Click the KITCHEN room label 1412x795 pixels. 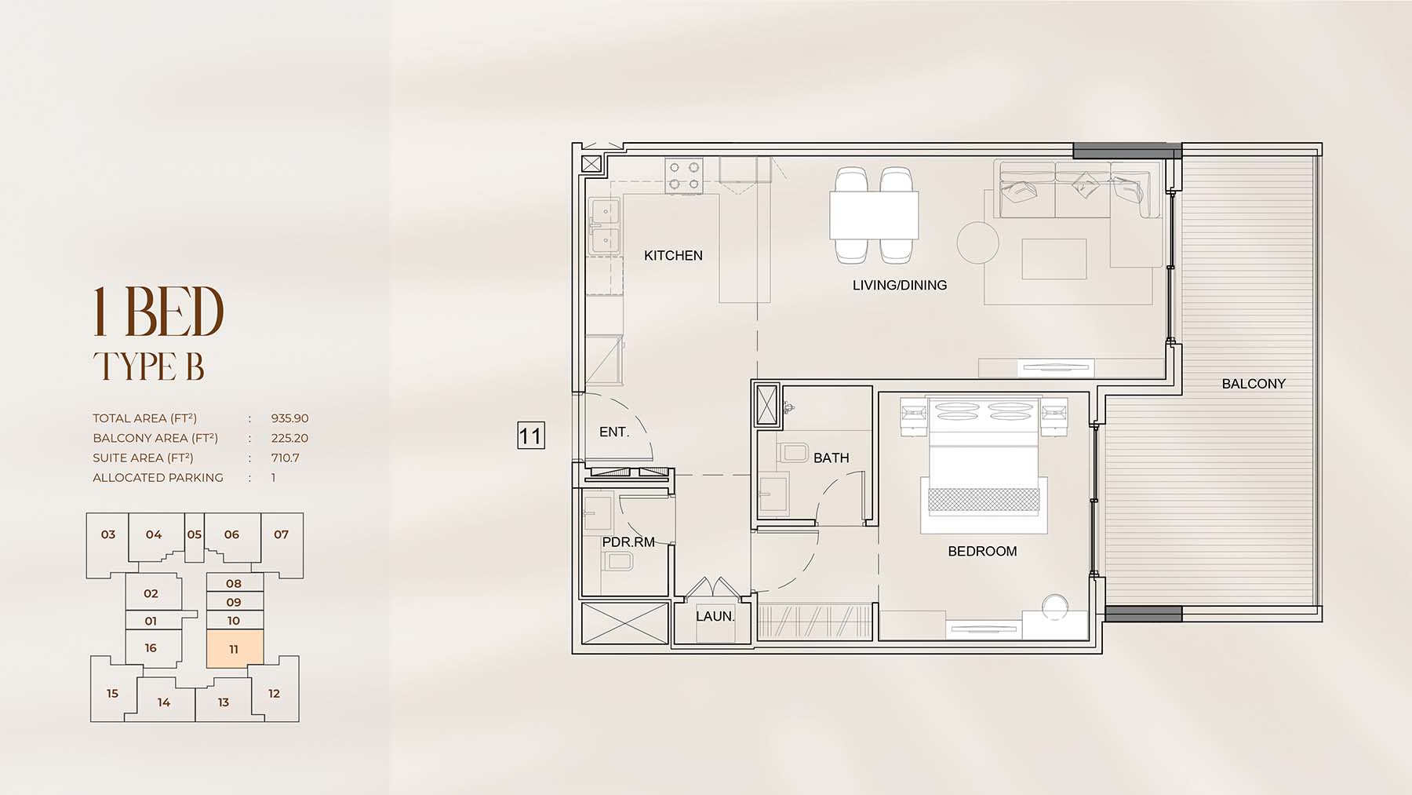click(x=673, y=255)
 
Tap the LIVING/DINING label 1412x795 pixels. click(x=900, y=286)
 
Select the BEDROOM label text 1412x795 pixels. click(x=982, y=551)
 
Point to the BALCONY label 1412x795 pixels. click(x=1254, y=384)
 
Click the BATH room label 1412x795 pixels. click(x=832, y=458)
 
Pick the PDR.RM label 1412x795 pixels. click(x=628, y=542)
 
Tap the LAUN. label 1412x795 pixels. click(x=715, y=616)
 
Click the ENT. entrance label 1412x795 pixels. click(x=614, y=432)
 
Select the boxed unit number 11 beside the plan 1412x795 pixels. click(x=531, y=436)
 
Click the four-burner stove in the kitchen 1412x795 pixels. click(x=684, y=176)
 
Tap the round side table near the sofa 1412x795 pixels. click(x=977, y=243)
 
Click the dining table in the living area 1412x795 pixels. click(x=874, y=215)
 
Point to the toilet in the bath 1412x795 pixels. click(x=794, y=453)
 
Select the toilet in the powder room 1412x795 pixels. click(x=619, y=561)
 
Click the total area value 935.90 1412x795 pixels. click(x=290, y=418)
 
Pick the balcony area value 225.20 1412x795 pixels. click(x=290, y=438)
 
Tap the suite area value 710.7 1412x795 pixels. click(x=286, y=458)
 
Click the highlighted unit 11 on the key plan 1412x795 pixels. click(x=234, y=649)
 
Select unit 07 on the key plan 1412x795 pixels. click(x=281, y=534)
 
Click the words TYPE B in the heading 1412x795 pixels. click(x=149, y=367)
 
